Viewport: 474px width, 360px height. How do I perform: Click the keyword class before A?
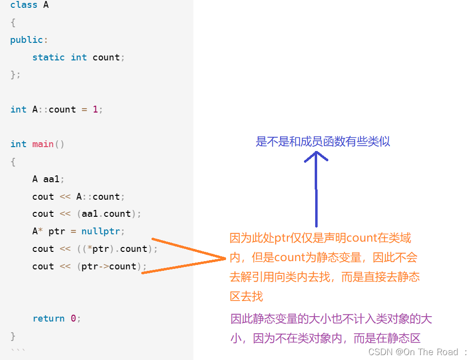pyautogui.click(x=24, y=5)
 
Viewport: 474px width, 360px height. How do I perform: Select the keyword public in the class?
pyautogui.click(x=27, y=40)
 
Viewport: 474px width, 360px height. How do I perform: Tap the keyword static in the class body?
pyautogui.click(x=48, y=57)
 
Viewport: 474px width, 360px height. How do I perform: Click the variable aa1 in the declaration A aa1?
pyautogui.click(x=51, y=179)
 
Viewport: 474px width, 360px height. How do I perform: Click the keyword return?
pyautogui.click(x=48, y=319)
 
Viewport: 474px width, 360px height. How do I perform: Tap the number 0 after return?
pyautogui.click(x=73, y=319)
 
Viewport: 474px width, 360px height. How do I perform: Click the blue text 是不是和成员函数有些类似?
pyautogui.click(x=323, y=142)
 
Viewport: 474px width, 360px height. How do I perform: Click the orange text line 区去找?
pyautogui.click(x=246, y=296)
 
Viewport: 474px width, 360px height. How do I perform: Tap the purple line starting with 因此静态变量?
pyautogui.click(x=331, y=320)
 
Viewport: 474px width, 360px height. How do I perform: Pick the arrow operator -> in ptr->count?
pyautogui.click(x=104, y=266)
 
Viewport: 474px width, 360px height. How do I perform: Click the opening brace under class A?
pyautogui.click(x=13, y=22)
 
